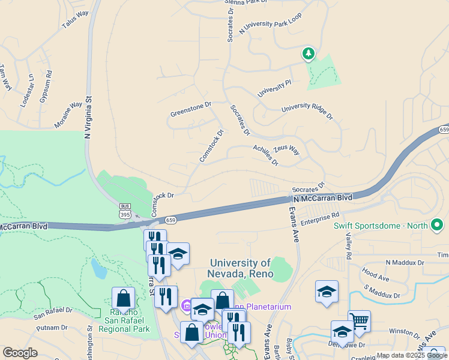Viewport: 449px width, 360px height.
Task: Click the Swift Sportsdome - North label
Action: (380, 226)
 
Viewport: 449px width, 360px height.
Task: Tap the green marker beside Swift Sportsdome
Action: (437, 226)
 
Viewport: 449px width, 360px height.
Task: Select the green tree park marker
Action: (309, 54)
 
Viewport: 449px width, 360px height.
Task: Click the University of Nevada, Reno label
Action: (241, 268)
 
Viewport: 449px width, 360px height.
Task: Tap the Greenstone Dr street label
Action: (191, 109)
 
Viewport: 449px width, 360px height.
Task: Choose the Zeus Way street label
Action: (286, 149)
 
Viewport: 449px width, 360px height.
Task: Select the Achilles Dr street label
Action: (265, 154)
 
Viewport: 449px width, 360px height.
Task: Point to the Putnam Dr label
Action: (51, 328)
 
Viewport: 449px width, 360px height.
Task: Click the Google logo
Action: (20, 353)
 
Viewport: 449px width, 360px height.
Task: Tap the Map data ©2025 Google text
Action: (411, 355)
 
